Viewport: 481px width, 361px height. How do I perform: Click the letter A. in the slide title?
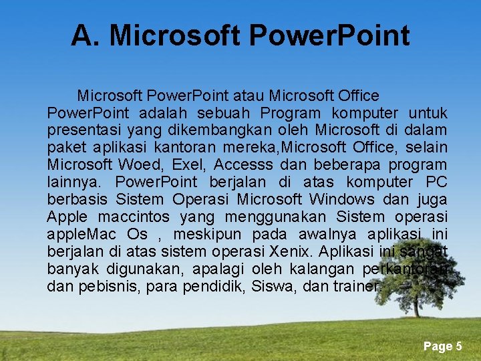pyautogui.click(x=86, y=35)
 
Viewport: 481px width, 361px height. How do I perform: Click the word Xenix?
pyautogui.click(x=292, y=251)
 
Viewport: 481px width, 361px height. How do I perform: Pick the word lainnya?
pyautogui.click(x=72, y=182)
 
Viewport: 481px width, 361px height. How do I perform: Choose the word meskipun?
pyautogui.click(x=212, y=234)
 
